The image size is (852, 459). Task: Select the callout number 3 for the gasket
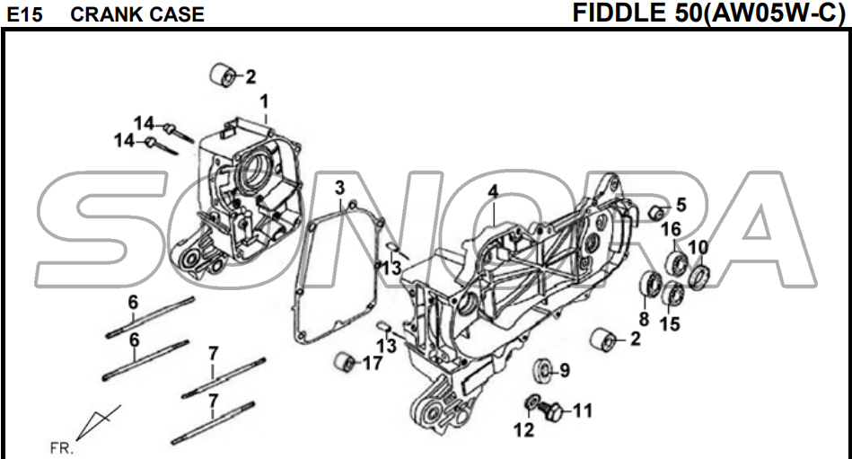click(x=339, y=188)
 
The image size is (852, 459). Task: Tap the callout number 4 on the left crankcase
click(x=493, y=190)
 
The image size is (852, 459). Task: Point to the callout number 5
click(x=681, y=205)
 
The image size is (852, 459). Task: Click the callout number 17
click(x=372, y=363)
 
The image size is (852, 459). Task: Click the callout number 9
click(x=564, y=370)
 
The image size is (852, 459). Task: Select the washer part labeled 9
click(x=541, y=370)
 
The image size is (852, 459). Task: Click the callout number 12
click(x=524, y=430)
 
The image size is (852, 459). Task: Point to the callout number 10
click(x=698, y=247)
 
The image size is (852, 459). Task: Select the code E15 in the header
click(x=22, y=14)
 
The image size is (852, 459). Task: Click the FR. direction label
click(x=62, y=446)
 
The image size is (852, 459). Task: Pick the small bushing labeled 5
click(x=657, y=212)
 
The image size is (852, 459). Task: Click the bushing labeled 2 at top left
click(x=224, y=76)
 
